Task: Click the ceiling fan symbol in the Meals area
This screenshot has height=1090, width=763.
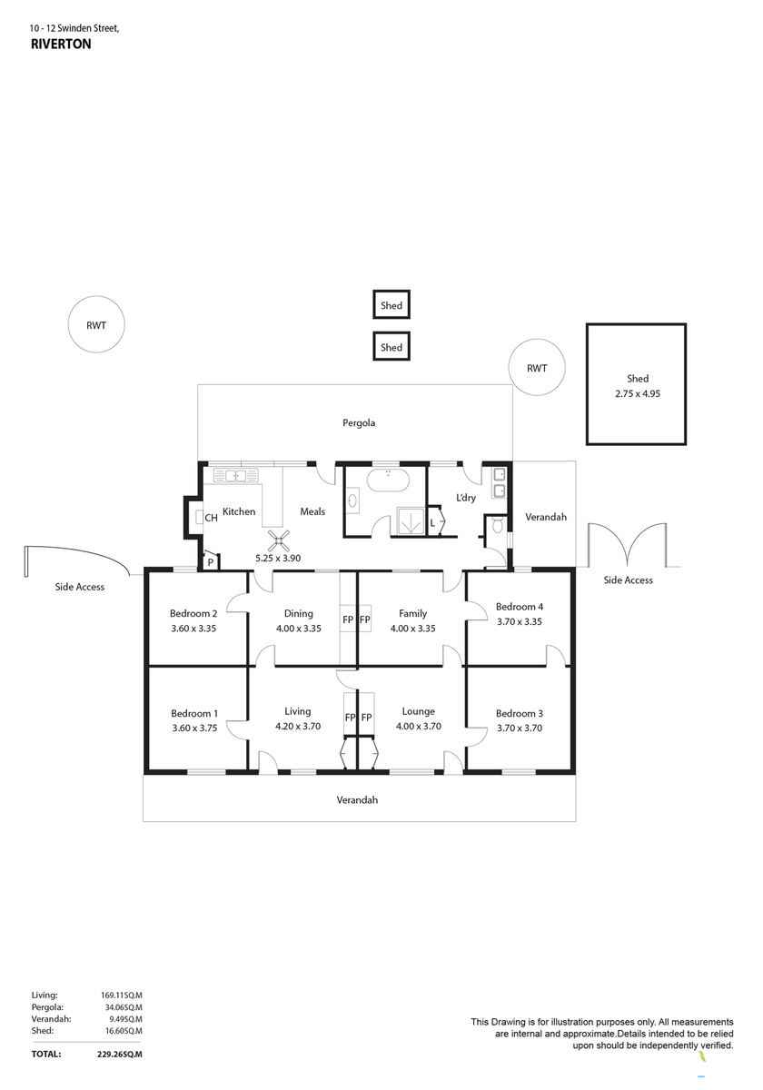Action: point(278,540)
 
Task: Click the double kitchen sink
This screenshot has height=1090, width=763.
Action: point(235,475)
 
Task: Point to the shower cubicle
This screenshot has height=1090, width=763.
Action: point(411,520)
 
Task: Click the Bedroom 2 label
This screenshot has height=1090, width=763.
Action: point(193,613)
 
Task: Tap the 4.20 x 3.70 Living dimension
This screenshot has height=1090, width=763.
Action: point(298,726)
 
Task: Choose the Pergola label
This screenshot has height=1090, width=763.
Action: point(359,423)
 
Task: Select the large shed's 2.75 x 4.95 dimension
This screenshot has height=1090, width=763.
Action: point(638,393)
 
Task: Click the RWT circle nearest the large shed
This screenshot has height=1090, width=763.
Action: point(537,368)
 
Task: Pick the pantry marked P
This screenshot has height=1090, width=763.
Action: point(211,560)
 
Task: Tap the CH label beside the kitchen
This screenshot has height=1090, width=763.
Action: point(211,518)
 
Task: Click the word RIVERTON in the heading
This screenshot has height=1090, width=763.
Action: point(61,45)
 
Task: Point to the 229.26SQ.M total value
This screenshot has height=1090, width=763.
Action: point(120,1055)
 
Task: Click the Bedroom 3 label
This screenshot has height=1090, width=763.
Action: point(520,713)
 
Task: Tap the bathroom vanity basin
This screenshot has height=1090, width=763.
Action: point(352,500)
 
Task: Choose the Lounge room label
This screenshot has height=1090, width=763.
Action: point(419,711)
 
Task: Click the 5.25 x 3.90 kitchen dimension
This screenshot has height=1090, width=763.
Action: point(278,558)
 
